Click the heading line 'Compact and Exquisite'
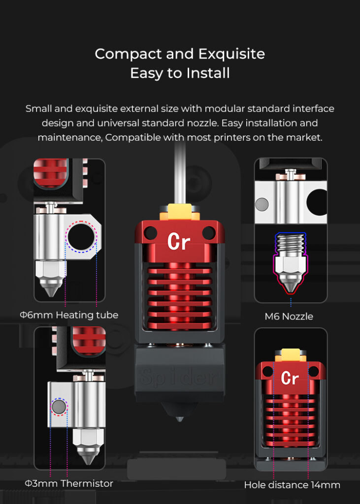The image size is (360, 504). click(x=180, y=54)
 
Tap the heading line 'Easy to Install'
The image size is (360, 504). click(x=180, y=73)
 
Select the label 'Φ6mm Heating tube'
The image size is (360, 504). click(x=69, y=315)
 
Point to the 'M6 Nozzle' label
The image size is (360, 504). click(x=289, y=316)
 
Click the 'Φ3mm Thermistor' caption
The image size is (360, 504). click(x=69, y=484)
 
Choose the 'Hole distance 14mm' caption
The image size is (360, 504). click(x=292, y=485)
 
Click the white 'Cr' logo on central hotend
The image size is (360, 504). click(x=179, y=241)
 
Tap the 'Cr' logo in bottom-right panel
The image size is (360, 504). click(x=290, y=378)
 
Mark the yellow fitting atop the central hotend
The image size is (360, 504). click(x=180, y=212)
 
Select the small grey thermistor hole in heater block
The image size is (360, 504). click(x=59, y=407)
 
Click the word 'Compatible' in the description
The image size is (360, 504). click(x=130, y=138)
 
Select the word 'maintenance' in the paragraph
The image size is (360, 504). click(x=69, y=138)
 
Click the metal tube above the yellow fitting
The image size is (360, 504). click(x=180, y=177)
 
